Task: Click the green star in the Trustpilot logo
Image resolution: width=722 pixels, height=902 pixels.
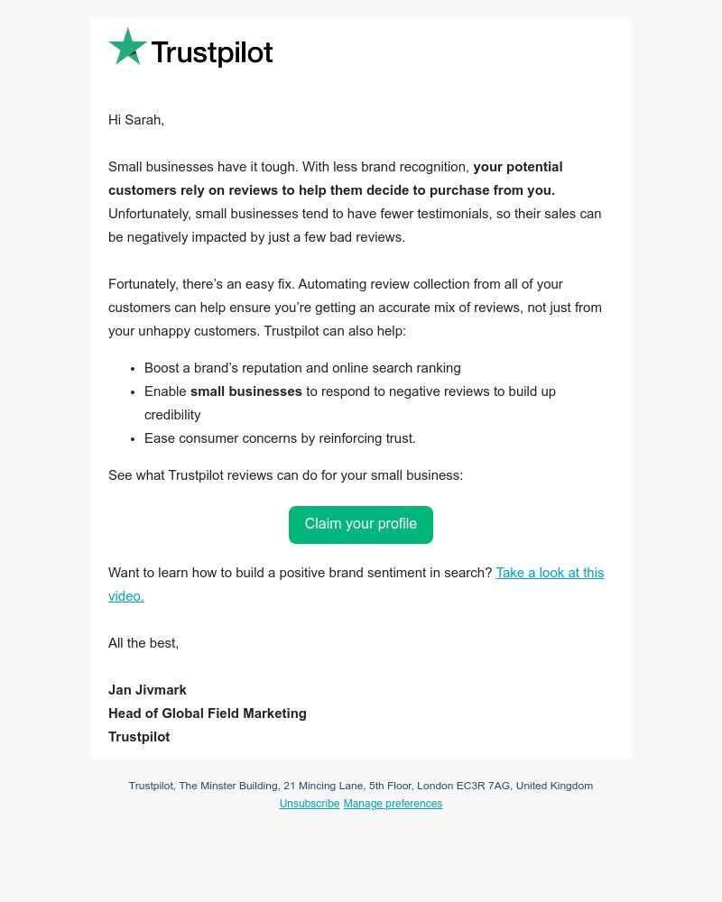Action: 127,47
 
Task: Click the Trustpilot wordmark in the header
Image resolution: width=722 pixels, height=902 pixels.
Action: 211,53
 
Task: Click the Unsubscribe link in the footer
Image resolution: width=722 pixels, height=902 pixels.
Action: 310,804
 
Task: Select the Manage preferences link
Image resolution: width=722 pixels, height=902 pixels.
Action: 393,804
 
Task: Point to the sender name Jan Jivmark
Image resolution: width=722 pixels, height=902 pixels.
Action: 147,690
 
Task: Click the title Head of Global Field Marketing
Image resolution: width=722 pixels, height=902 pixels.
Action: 208,713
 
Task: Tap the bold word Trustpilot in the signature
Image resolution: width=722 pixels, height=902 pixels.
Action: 139,737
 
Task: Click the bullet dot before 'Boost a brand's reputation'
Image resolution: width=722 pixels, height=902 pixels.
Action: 133,369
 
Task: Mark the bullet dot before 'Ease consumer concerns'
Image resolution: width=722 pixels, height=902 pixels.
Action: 133,439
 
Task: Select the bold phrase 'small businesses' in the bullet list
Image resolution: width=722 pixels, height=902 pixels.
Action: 245,391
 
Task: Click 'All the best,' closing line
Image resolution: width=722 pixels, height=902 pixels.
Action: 143,643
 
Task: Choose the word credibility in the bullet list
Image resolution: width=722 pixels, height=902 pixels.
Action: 172,415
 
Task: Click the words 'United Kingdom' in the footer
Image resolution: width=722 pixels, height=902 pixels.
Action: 554,786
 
